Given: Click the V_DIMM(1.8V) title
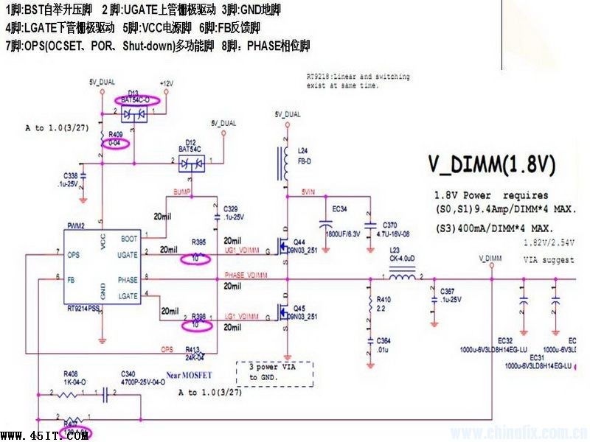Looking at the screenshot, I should pyautogui.click(x=492, y=164).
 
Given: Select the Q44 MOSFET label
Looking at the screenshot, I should pyautogui.click(x=299, y=242).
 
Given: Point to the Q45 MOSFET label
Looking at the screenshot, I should pyautogui.click(x=299, y=308).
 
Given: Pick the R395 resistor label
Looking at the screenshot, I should pyautogui.click(x=198, y=241).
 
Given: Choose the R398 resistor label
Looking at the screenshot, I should pyautogui.click(x=198, y=315).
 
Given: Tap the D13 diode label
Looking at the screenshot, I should pyautogui.click(x=133, y=92).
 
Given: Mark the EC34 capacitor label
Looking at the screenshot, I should pyautogui.click(x=339, y=209).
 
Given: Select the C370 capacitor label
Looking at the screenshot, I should pyautogui.click(x=390, y=224).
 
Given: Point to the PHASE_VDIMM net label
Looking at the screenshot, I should pyautogui.click(x=247, y=276).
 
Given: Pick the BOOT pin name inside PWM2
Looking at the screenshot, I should pyautogui.click(x=128, y=238).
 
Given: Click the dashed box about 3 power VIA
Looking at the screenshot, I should pyautogui.click(x=274, y=371).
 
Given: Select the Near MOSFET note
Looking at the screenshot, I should pyautogui.click(x=190, y=374).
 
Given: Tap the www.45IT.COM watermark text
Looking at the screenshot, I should pyautogui.click(x=45, y=435).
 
